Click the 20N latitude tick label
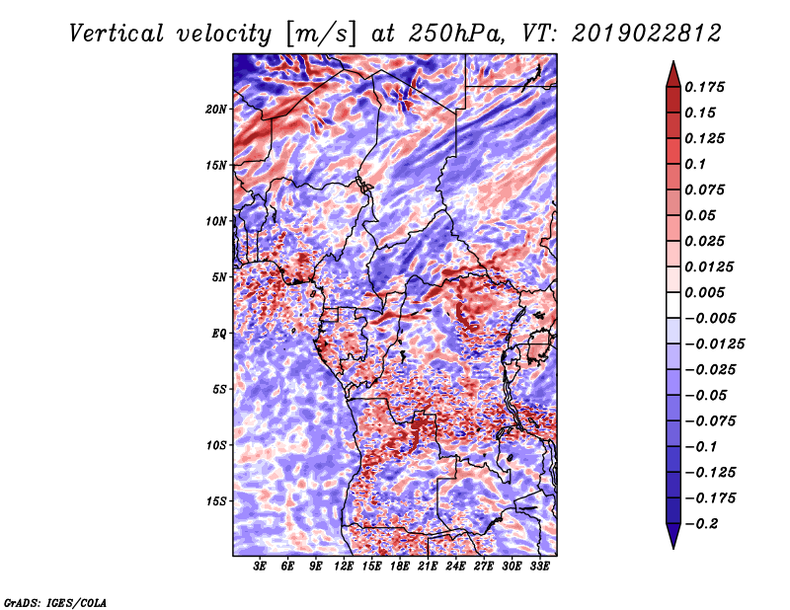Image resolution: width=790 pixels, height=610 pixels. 216,110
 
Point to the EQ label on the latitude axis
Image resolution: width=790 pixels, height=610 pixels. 218,334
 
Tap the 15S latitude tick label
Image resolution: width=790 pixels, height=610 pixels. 216,501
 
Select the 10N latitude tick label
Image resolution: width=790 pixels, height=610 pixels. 216,221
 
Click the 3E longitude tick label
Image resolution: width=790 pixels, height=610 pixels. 260,567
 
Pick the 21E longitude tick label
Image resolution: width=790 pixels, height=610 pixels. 428,567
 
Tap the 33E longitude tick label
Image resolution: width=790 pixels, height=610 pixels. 539,567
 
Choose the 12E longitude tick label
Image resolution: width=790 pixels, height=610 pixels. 344,567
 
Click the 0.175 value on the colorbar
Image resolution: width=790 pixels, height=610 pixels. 704,87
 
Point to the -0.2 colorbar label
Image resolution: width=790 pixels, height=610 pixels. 701,524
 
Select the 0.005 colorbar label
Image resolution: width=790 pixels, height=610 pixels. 704,292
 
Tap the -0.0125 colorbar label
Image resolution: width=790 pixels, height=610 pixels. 714,344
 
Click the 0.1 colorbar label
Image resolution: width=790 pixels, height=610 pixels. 695,164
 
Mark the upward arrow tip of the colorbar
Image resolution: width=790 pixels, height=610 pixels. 673,61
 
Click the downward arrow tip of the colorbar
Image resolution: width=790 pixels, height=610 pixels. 673,548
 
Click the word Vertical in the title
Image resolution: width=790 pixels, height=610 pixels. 117,34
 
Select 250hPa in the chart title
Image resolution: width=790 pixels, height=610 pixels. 455,34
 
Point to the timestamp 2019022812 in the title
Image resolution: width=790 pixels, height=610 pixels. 646,34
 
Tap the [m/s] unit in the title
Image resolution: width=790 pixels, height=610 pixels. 320,35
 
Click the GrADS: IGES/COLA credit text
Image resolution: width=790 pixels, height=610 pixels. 55,602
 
